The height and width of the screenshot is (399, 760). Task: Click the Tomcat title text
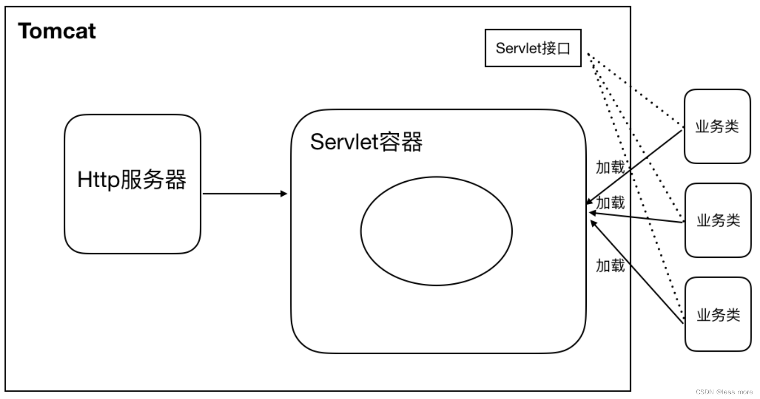pos(57,32)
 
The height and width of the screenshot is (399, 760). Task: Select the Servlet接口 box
pos(533,48)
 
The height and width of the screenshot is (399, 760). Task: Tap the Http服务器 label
pos(131,180)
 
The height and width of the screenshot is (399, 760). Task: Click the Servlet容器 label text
pos(366,142)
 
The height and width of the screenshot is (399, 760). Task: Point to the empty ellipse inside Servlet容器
pos(436,231)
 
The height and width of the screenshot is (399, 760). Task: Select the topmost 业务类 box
pos(717,126)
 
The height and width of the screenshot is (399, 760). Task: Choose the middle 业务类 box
pos(718,220)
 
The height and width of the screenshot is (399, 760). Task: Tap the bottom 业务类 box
pos(718,314)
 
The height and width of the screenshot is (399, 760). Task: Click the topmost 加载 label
pos(610,167)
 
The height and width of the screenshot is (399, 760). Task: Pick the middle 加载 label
pos(611,203)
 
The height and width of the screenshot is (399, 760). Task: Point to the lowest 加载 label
pos(610,266)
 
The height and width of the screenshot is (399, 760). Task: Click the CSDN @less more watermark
pos(724,392)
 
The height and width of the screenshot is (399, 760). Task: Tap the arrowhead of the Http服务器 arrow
pos(284,193)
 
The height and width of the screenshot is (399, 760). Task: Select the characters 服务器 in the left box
pos(154,180)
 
